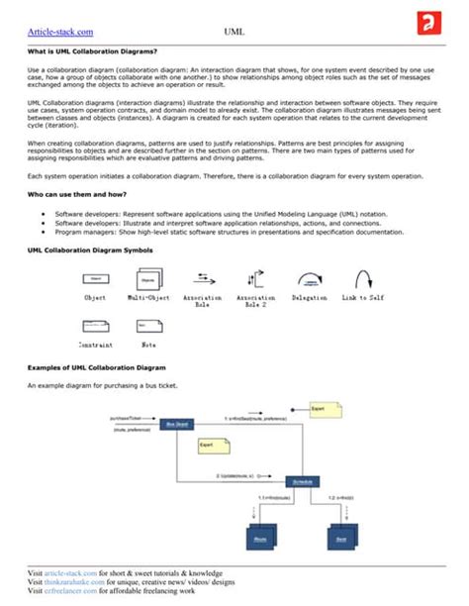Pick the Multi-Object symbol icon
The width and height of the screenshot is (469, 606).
click(147, 280)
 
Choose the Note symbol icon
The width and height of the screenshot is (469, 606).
click(147, 326)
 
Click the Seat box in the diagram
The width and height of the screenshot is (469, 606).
click(339, 538)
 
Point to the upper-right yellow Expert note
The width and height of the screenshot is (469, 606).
click(323, 409)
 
